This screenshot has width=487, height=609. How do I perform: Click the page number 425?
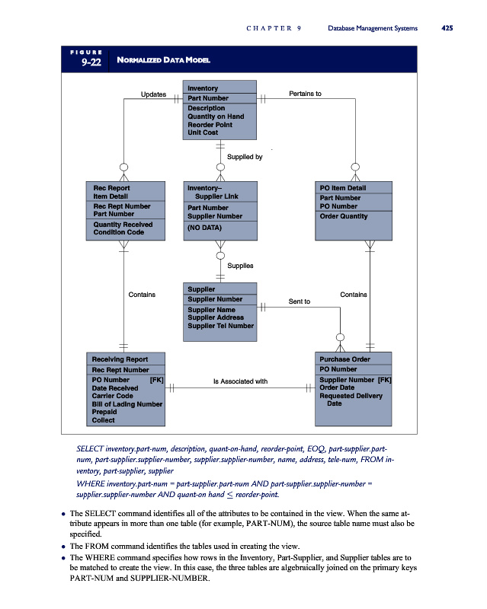447,29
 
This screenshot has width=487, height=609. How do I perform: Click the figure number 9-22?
91,62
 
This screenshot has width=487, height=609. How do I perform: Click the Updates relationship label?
154,94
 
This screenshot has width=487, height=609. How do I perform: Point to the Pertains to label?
306,94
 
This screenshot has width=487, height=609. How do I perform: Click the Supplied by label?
245,157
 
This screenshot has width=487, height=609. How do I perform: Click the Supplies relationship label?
241,265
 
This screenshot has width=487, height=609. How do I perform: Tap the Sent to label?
299,301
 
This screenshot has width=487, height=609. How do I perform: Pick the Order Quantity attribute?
343,216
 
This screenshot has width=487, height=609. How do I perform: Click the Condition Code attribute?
118,233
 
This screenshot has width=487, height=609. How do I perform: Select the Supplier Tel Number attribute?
220,326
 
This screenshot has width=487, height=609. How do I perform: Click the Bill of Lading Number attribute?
127,403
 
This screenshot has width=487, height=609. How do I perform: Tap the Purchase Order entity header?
344,359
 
